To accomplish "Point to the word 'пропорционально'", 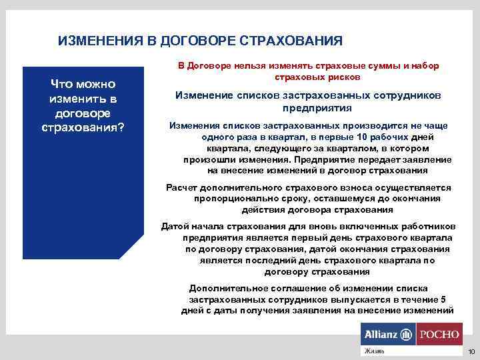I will point(229,199).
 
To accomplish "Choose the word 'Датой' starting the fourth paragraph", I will point(174,227).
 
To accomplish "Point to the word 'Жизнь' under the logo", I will point(371,351).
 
